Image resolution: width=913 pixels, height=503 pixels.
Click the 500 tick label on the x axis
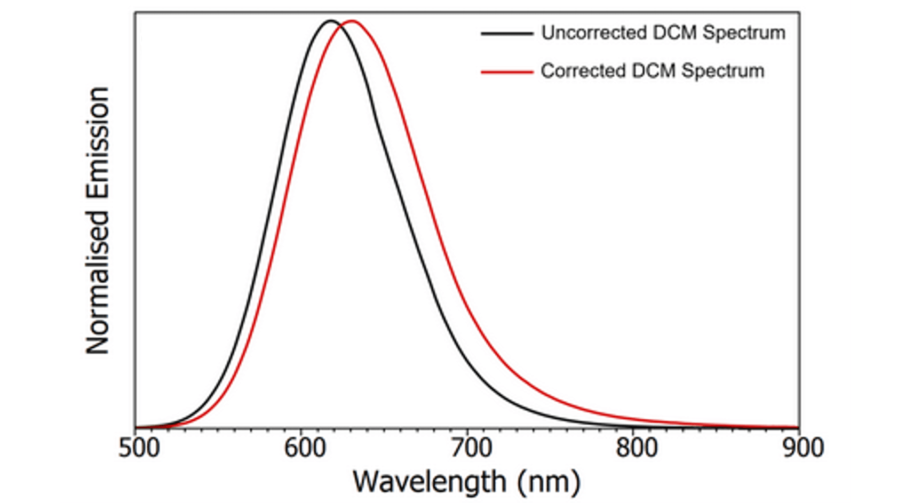click(139, 448)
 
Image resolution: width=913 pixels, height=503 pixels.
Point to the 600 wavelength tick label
click(304, 448)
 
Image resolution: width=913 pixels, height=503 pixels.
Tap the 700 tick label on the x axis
click(470, 448)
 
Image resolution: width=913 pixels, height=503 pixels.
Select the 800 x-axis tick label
click(636, 448)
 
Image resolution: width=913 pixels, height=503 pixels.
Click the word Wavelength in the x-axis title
click(429, 482)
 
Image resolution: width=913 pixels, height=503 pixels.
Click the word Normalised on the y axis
click(98, 282)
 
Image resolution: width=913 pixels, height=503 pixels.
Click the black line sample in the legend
click(506, 34)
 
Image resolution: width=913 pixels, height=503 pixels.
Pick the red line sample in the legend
click(506, 71)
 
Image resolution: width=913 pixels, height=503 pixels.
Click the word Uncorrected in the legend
click(593, 33)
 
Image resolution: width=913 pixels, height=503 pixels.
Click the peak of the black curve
click(330, 21)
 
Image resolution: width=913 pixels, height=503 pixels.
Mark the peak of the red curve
click(352, 21)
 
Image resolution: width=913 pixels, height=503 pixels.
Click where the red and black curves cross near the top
click(340, 27)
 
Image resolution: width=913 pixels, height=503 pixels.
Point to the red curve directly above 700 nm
click(467, 304)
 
